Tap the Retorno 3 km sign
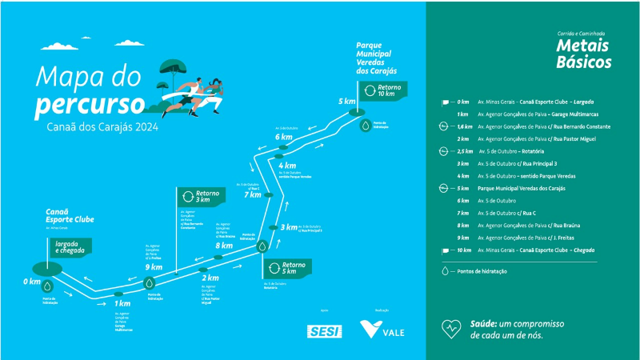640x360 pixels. tap(199, 196)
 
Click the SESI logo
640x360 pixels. tap(323, 330)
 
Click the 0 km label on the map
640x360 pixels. tap(31, 282)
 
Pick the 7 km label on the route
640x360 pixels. tap(252, 195)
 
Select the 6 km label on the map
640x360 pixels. tap(283, 137)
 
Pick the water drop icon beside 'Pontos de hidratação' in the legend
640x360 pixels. tap(445, 271)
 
